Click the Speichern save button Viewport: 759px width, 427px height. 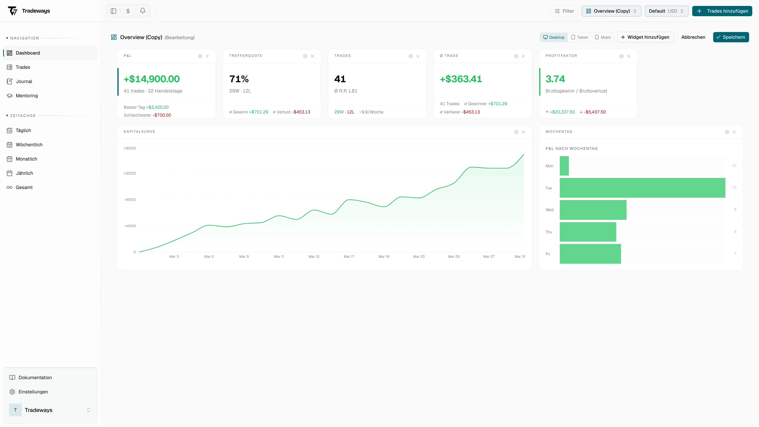[x=731, y=37]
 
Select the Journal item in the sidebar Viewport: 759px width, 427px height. [x=24, y=81]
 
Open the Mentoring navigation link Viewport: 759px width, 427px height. [x=26, y=95]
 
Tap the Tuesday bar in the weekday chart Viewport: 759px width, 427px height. [x=642, y=188]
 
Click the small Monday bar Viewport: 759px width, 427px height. [x=564, y=166]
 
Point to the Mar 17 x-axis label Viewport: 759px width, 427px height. [x=349, y=257]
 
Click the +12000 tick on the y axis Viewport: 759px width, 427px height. [x=130, y=173]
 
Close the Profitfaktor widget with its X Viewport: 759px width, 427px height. [x=629, y=56]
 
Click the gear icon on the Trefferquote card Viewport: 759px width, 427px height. [x=305, y=56]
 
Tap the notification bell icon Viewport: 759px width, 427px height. [x=143, y=11]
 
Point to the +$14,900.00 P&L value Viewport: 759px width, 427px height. [x=151, y=79]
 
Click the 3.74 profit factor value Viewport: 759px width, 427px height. [x=555, y=79]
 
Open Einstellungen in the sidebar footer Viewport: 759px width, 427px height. [x=33, y=392]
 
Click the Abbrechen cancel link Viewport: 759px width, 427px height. [x=693, y=37]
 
